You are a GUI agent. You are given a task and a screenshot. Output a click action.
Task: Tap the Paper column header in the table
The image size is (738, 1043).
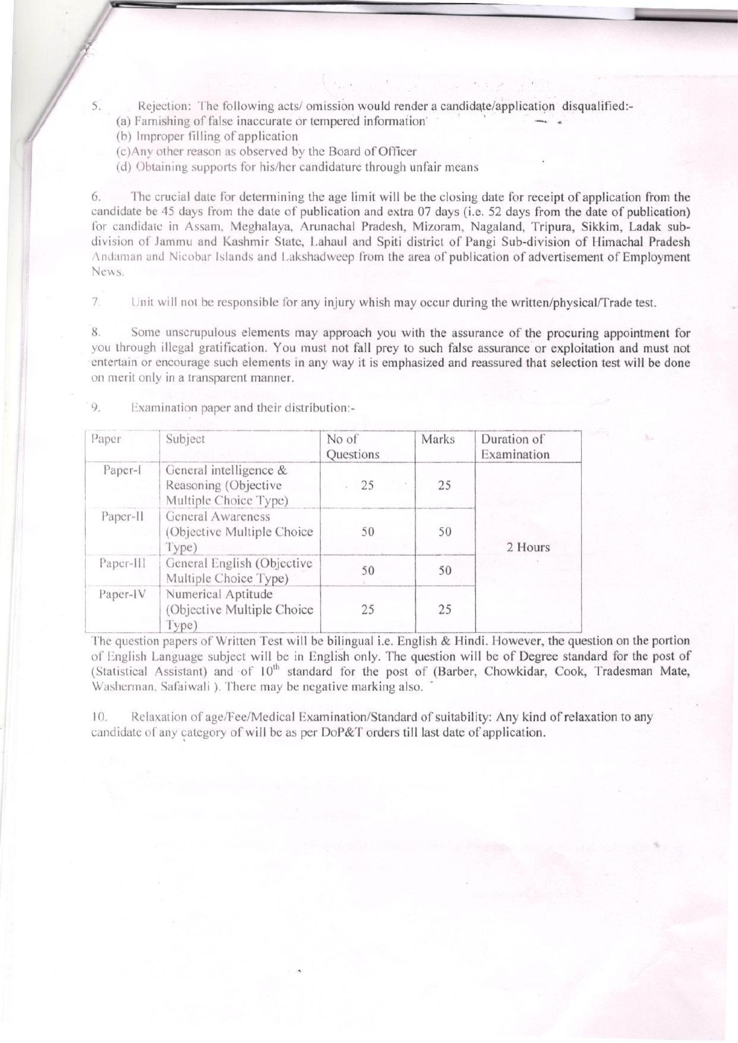106,439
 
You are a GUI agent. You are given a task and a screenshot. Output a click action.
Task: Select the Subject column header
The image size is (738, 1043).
185,439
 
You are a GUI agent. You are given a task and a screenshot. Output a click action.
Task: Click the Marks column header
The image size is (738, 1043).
438,439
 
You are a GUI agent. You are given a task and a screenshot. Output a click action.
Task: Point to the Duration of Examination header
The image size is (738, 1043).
515,447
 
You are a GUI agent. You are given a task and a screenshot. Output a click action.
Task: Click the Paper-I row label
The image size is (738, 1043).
122,470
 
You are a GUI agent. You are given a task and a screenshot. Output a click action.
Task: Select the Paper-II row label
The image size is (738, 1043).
122,516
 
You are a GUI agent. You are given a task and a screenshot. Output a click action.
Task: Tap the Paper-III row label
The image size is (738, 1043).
122,563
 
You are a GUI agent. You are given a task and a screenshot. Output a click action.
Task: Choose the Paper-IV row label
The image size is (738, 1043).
122,594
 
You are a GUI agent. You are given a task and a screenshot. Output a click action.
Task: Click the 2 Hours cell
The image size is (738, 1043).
528,547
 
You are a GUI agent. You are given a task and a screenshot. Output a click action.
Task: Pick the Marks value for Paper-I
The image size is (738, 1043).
444,486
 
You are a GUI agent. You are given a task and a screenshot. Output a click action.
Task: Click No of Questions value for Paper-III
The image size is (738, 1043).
368,571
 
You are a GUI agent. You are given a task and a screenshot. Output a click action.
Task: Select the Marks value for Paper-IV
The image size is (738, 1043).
444,609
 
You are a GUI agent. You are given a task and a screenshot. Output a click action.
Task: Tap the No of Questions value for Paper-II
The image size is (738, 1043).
368,532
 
